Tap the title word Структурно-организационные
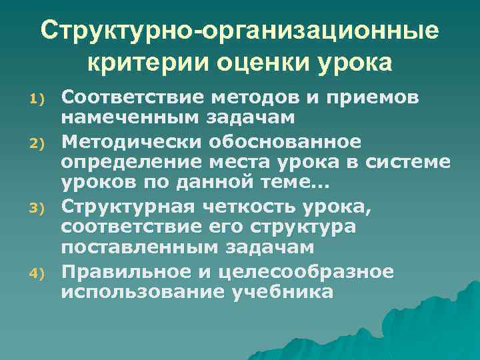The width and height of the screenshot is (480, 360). click(239, 31)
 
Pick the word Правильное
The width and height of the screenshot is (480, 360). click(127, 272)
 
